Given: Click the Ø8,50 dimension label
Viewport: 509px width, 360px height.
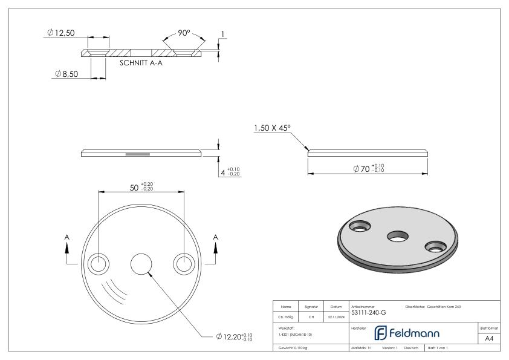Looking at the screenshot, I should pyautogui.click(x=68, y=74).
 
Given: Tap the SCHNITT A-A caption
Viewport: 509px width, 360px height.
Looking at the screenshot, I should pyautogui.click(x=141, y=62).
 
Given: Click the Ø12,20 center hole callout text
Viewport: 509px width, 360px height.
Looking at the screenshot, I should pyautogui.click(x=233, y=336).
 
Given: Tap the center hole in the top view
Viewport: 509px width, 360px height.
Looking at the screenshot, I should pyautogui.click(x=141, y=264).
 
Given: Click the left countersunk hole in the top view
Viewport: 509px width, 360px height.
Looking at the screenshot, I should pyautogui.click(x=98, y=264).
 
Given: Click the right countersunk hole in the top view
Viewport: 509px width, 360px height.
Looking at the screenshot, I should pyautogui.click(x=184, y=264).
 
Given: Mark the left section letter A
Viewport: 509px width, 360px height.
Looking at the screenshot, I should pyautogui.click(x=67, y=237).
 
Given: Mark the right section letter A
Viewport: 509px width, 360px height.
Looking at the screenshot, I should pyautogui.click(x=215, y=237).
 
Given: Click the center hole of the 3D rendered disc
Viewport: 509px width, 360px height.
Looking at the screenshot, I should pyautogui.click(x=397, y=235).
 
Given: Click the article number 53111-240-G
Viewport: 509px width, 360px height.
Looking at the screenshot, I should pyautogui.click(x=368, y=312).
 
